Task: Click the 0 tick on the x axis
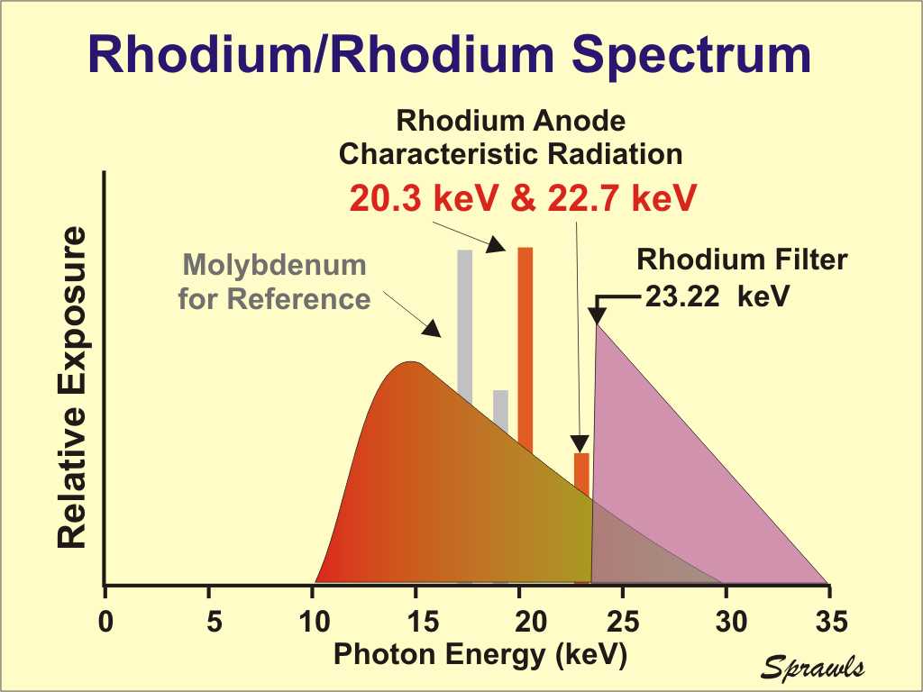pyautogui.click(x=105, y=621)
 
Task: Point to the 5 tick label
pyautogui.click(x=209, y=621)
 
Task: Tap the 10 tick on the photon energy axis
pyautogui.click(x=313, y=621)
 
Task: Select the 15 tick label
pyautogui.click(x=416, y=621)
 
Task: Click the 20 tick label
pyautogui.click(x=520, y=621)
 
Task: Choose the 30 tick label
pyautogui.click(x=727, y=621)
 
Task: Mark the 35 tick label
pyautogui.click(x=829, y=621)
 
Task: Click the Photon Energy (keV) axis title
pyautogui.click(x=480, y=655)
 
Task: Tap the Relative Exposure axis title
pyautogui.click(x=72, y=387)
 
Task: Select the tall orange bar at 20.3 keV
pyautogui.click(x=525, y=351)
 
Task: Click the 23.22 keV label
pyautogui.click(x=717, y=295)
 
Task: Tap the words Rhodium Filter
pyautogui.click(x=742, y=259)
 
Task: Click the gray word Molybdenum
pyautogui.click(x=275, y=266)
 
